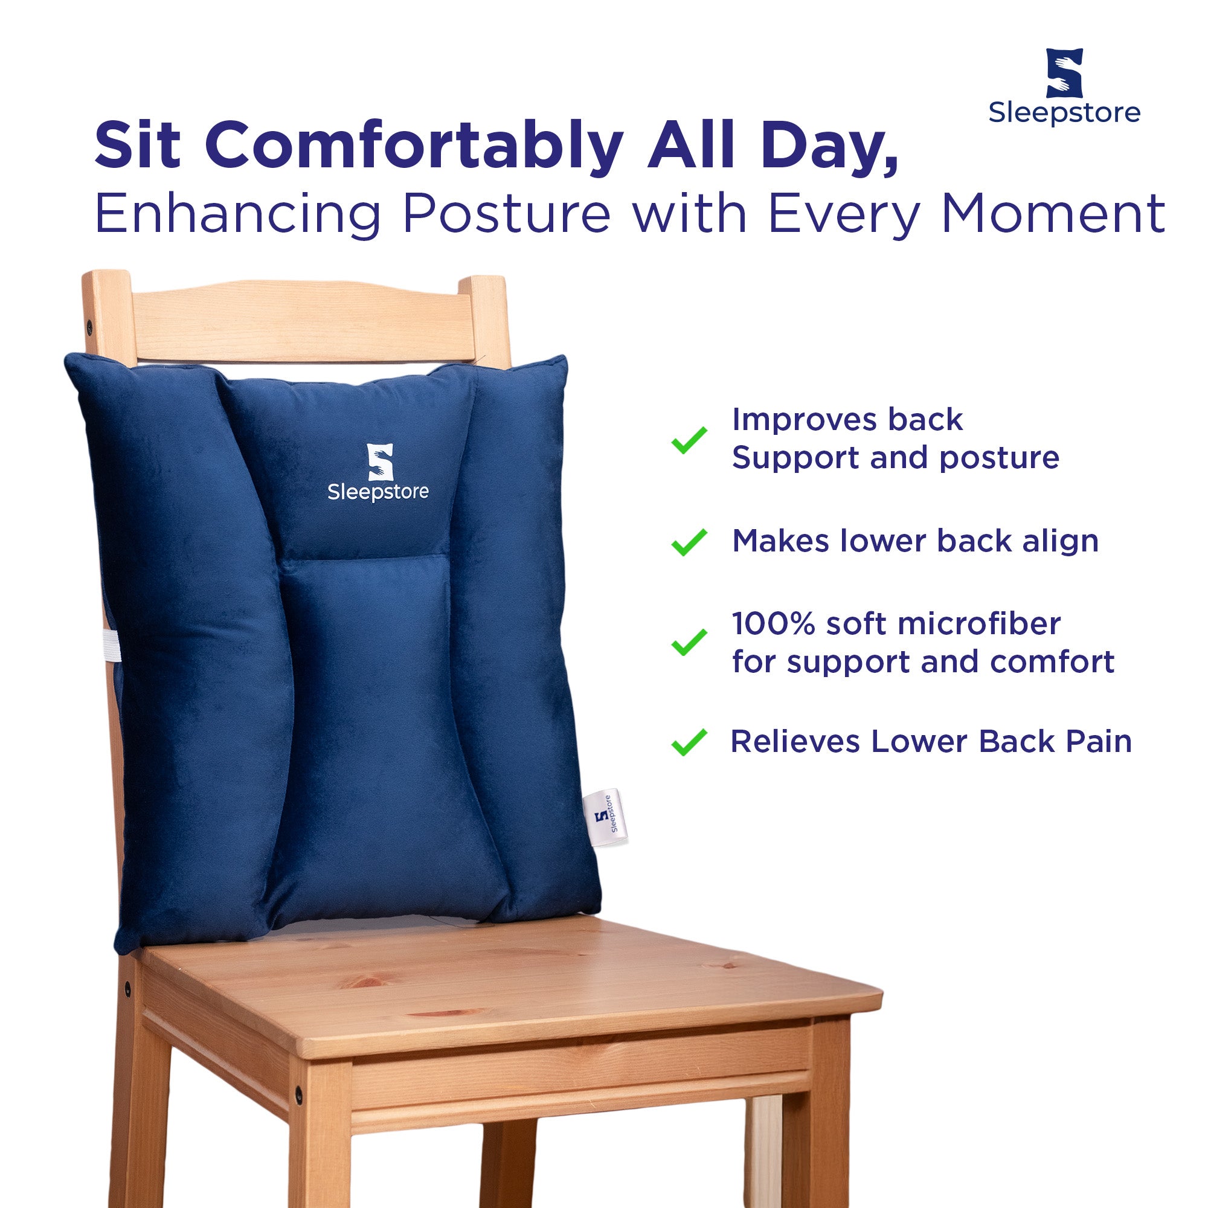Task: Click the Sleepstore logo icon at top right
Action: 1064,73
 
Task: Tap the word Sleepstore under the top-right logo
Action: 1064,113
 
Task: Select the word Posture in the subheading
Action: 507,215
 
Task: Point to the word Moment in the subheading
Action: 1053,214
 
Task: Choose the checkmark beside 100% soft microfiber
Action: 689,642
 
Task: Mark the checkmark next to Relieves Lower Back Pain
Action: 689,742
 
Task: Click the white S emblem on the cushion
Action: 379,462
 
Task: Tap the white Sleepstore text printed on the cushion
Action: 378,492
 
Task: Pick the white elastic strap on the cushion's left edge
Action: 111,645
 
